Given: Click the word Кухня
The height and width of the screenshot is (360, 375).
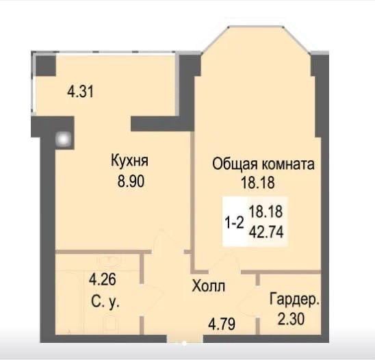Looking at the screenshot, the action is (x=129, y=162).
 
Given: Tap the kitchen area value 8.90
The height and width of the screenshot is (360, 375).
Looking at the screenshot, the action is (x=131, y=181).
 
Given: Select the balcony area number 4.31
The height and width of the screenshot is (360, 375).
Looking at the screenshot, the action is (x=80, y=92).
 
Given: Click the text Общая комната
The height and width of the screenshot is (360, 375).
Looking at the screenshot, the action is (x=263, y=164).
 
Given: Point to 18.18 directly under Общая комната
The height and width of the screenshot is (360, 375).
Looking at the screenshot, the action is (x=258, y=183).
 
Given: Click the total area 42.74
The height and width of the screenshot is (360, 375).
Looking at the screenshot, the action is (x=266, y=232).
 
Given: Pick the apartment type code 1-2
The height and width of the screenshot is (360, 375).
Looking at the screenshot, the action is (x=234, y=222).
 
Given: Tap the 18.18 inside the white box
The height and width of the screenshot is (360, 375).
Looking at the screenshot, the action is (x=266, y=211).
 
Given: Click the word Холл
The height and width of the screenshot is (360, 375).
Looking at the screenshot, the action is (x=209, y=286).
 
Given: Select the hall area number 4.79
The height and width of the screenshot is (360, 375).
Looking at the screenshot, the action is (x=222, y=324).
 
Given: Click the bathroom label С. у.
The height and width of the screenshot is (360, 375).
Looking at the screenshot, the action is (x=105, y=303).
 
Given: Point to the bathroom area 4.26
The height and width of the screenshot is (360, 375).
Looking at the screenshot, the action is (x=103, y=280).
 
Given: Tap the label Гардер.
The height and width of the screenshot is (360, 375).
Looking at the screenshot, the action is (x=294, y=300).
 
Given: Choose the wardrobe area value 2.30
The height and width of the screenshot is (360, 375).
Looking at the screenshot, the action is (x=291, y=319).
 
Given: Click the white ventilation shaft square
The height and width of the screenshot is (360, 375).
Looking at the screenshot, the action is (x=64, y=140).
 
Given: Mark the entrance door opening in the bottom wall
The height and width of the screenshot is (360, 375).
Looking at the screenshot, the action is (x=185, y=339).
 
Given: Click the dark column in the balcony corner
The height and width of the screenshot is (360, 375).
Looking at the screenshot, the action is (x=46, y=65).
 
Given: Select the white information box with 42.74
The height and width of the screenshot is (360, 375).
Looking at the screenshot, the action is (x=255, y=222).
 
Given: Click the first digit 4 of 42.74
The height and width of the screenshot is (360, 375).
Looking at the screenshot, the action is (x=253, y=232).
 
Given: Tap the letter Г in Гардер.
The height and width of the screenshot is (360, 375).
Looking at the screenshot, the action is (x=273, y=299).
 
